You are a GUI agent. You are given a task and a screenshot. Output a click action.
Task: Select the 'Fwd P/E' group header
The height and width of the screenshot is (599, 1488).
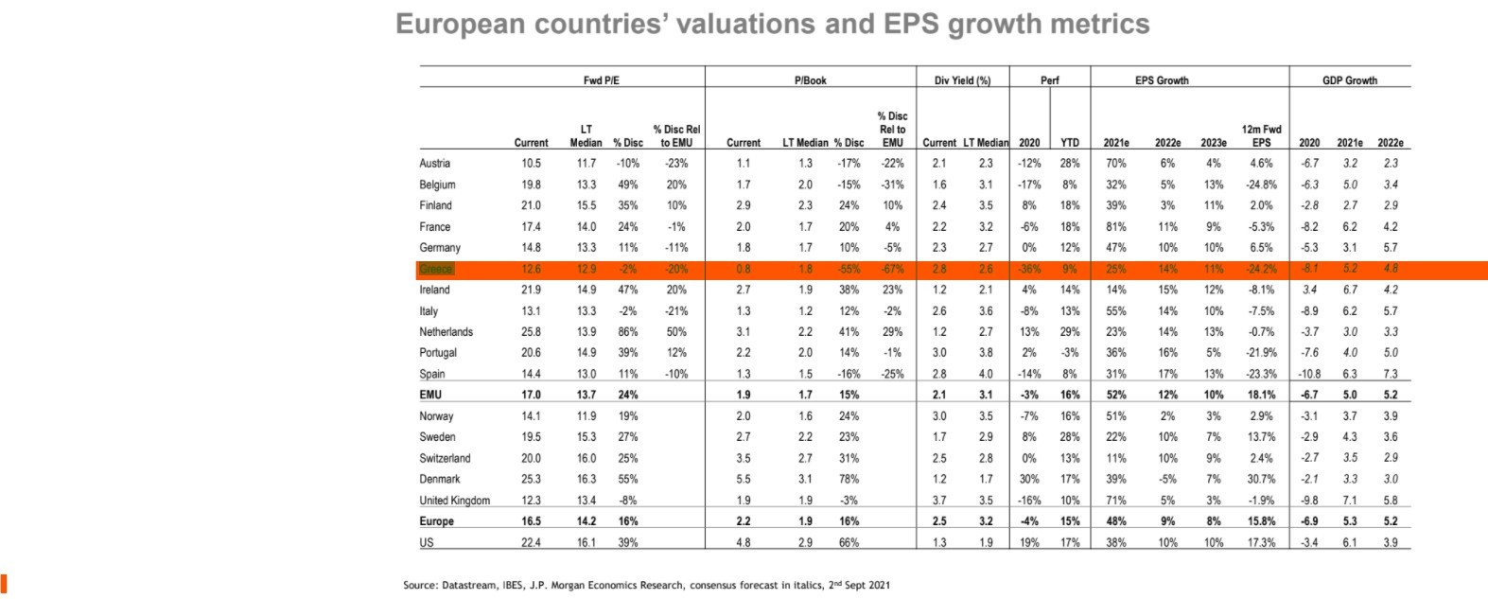pyautogui.click(x=602, y=80)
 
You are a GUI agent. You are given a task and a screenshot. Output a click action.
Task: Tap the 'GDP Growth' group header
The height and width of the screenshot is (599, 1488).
pyautogui.click(x=1349, y=80)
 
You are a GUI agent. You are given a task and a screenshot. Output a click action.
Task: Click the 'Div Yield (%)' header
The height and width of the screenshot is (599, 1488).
pyautogui.click(x=962, y=80)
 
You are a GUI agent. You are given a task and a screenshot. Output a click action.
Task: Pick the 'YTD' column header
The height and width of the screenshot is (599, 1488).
pyautogui.click(x=1069, y=143)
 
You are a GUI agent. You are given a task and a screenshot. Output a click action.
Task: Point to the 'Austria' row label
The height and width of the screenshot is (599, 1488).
pyautogui.click(x=435, y=164)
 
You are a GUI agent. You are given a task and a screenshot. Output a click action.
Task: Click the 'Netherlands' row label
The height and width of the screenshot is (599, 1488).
pyautogui.click(x=446, y=332)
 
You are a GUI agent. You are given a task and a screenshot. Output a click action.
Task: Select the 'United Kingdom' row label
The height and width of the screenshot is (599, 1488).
pyautogui.click(x=455, y=501)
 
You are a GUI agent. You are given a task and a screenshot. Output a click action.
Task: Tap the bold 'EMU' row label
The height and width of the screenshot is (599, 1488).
pyautogui.click(x=430, y=395)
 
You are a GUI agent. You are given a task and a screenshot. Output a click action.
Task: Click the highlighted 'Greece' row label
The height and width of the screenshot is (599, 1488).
pyautogui.click(x=435, y=269)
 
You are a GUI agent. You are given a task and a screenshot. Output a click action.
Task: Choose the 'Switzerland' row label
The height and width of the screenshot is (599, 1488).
pyautogui.click(x=445, y=458)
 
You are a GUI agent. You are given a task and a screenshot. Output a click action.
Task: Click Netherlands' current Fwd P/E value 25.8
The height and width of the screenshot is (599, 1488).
pyautogui.click(x=531, y=332)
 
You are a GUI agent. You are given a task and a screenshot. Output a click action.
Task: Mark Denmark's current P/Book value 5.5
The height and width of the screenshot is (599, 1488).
pyautogui.click(x=744, y=479)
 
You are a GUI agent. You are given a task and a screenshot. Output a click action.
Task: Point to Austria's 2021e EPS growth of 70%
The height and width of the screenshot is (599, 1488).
pyautogui.click(x=1115, y=164)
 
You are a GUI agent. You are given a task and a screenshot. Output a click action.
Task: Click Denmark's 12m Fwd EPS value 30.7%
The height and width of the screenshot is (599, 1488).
pyautogui.click(x=1261, y=479)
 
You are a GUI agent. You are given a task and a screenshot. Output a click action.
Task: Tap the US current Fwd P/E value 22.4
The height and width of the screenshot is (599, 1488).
pyautogui.click(x=531, y=543)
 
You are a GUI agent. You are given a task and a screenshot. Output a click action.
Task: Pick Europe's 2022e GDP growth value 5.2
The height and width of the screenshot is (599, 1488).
pyautogui.click(x=1390, y=521)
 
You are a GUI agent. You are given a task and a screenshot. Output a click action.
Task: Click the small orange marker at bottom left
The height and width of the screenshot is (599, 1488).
pyautogui.click(x=4, y=582)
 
